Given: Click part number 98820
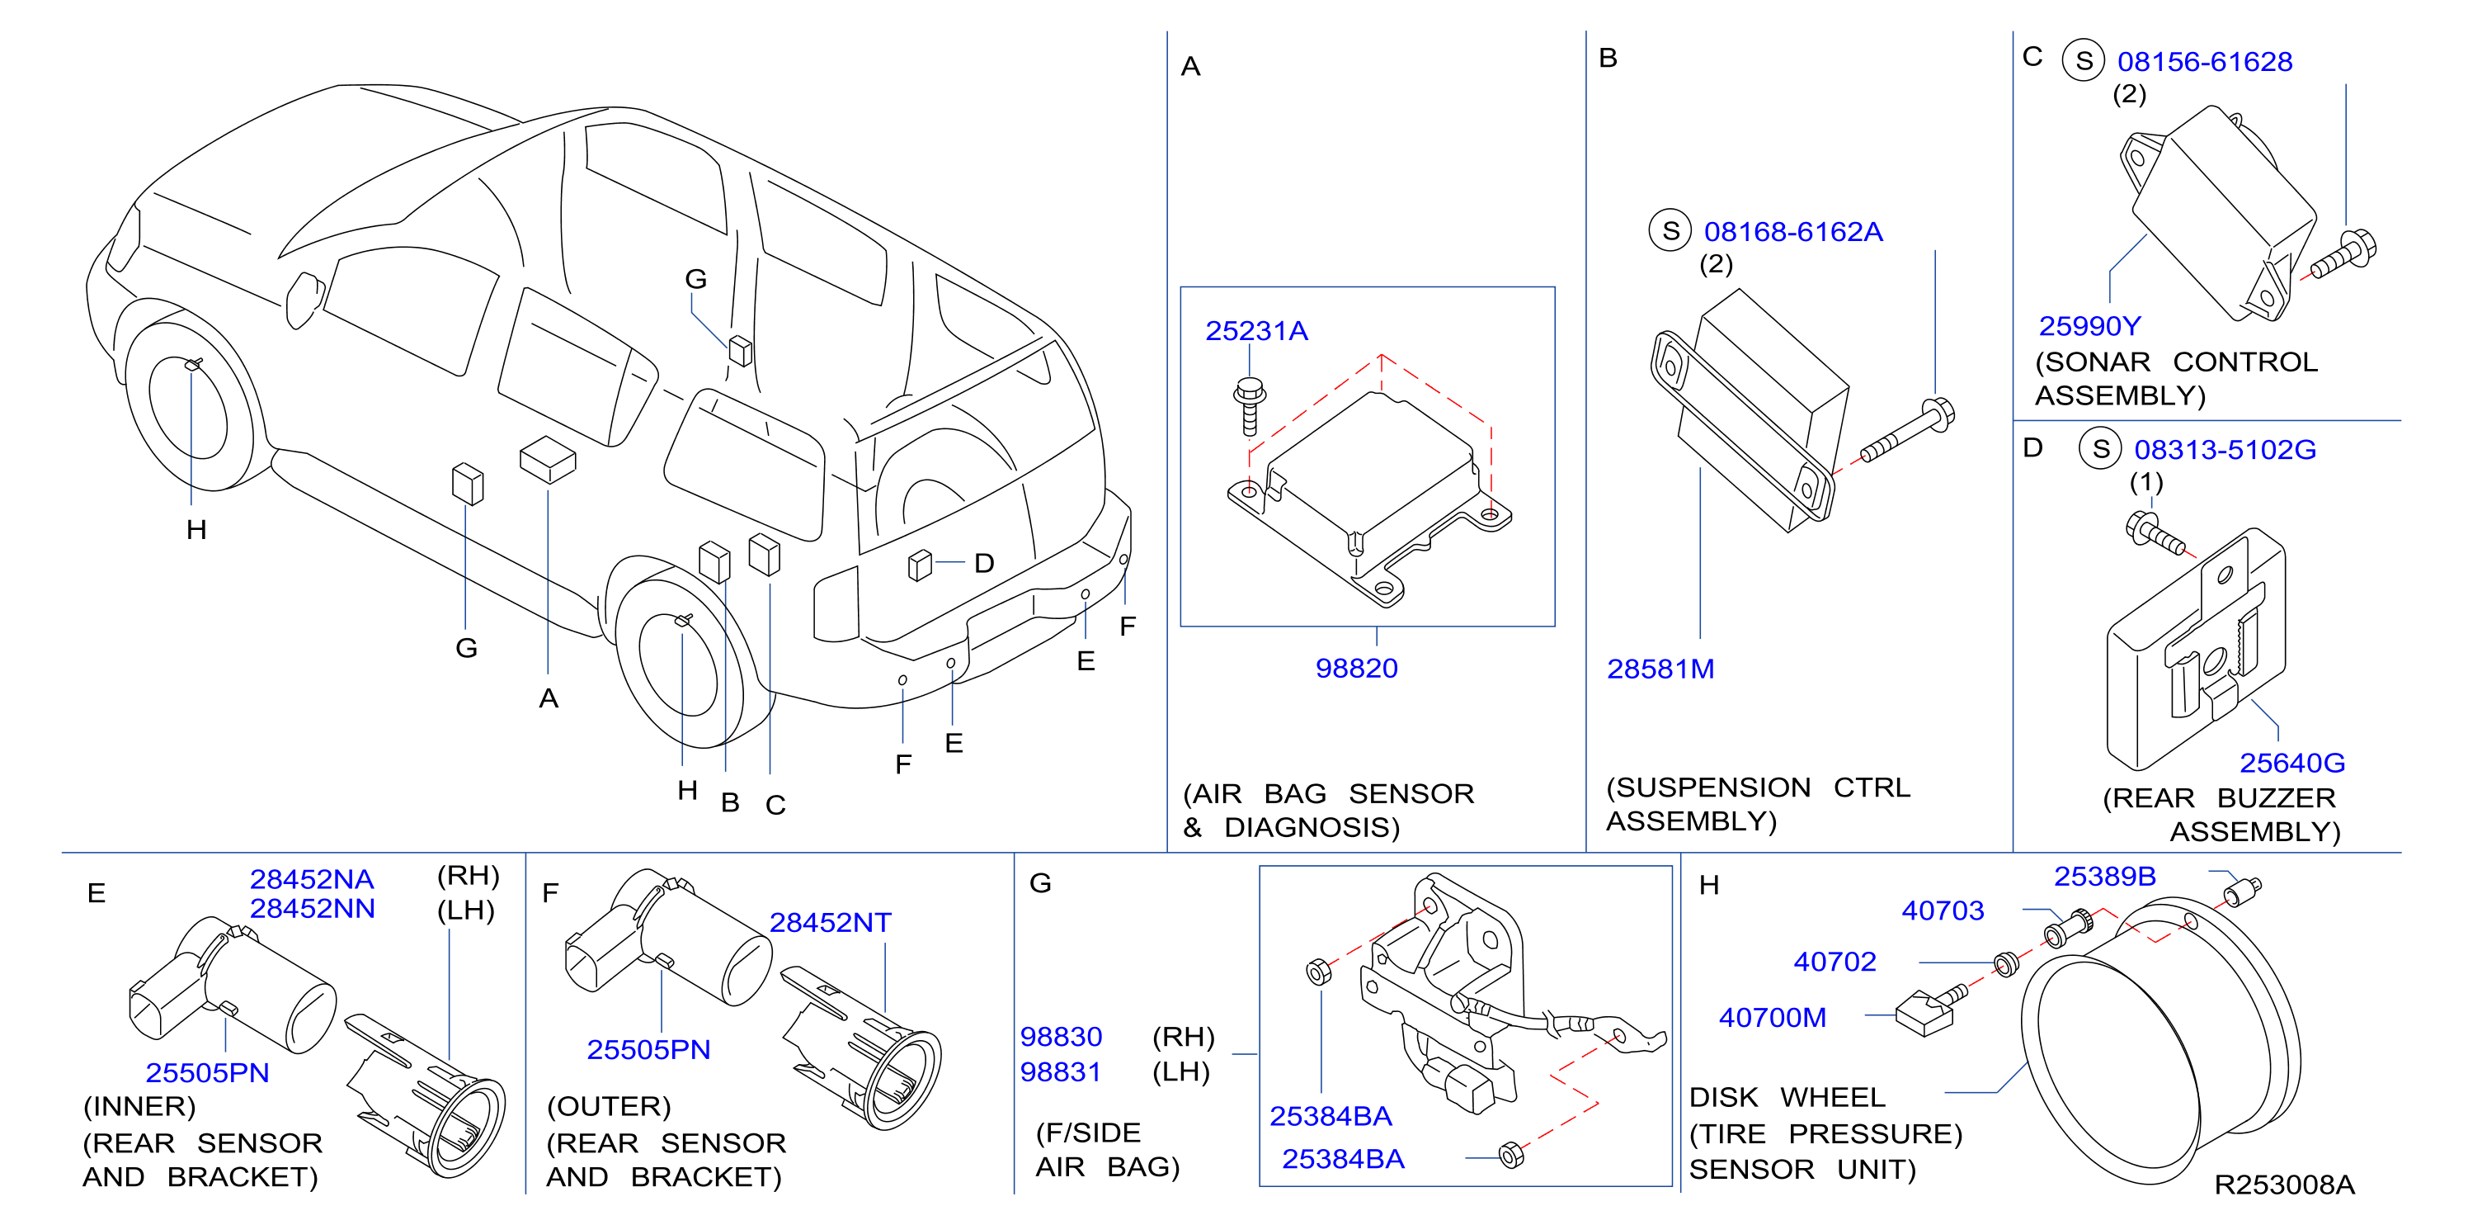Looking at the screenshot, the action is point(1356,668).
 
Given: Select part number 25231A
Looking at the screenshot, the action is point(1256,331).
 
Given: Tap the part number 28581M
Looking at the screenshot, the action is point(1660,669).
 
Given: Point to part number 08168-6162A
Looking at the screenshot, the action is point(1792,232).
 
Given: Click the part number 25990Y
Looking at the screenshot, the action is point(2089,327).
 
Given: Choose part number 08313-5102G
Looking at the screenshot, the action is point(2225,450).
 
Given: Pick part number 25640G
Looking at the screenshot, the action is point(2291,763).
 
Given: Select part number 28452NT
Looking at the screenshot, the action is point(830,922).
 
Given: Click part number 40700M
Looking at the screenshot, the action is point(1773,1017).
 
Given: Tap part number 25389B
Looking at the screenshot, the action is point(2105,876).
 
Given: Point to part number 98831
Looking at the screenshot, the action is point(1061,1071).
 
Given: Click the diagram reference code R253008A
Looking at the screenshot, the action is point(2284,1185).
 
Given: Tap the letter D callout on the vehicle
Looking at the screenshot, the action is point(984,563).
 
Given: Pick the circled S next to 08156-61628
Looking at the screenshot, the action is point(2083,60).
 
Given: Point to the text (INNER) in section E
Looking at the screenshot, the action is point(139,1106).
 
